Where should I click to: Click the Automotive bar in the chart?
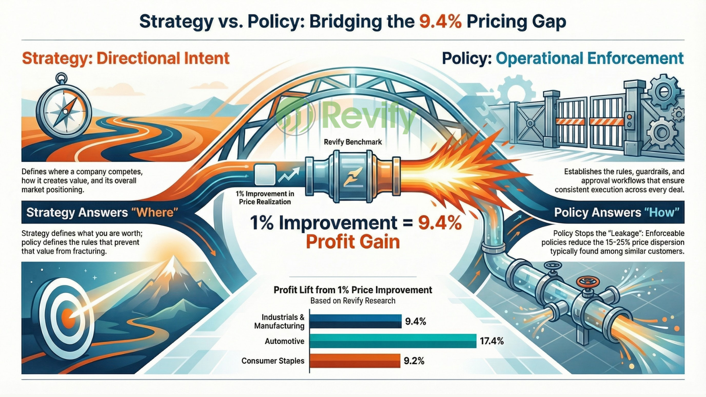pos(393,341)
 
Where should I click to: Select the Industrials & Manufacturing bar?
pos(355,321)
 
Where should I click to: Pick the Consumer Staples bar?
pos(354,361)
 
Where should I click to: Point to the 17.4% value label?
pos(492,341)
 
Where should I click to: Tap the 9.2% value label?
pos(414,361)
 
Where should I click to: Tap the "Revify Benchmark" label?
pos(353,142)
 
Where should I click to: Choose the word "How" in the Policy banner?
pos(662,212)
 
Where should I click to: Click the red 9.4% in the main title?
pos(440,22)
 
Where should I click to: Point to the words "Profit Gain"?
pos(353,242)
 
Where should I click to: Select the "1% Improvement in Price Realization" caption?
pos(265,198)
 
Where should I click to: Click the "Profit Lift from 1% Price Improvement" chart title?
pos(353,290)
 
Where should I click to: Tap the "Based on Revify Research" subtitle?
pos(353,301)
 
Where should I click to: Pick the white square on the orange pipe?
pos(265,175)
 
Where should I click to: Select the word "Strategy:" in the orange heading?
pos(57,58)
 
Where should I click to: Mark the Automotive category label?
pos(284,341)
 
